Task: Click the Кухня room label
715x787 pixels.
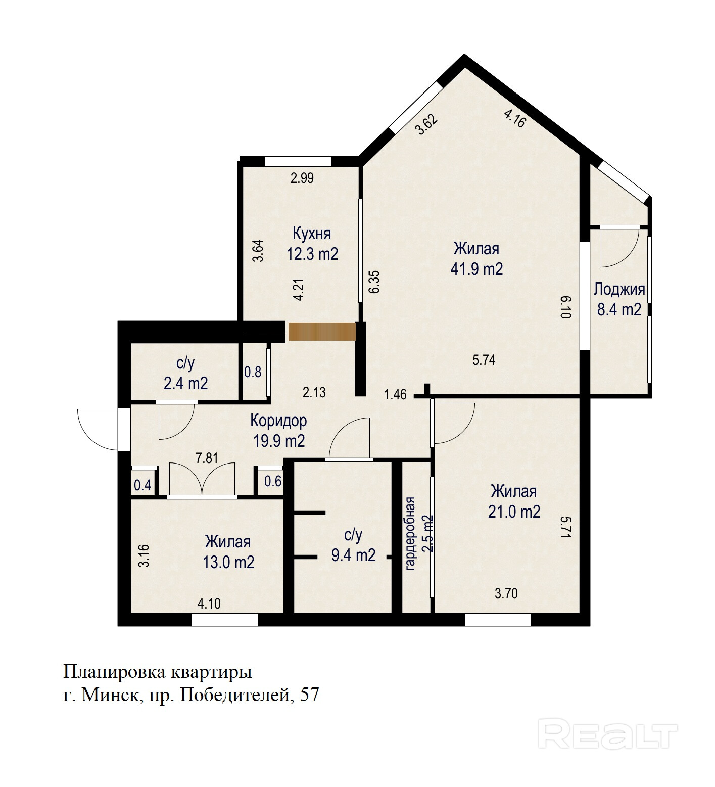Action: pos(312,234)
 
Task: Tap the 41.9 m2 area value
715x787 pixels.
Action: pos(476,269)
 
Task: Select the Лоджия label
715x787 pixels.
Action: pos(619,290)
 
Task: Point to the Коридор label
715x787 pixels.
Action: pos(278,421)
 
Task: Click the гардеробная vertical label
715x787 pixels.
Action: pos(410,534)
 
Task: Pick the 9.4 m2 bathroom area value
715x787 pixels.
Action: pos(353,555)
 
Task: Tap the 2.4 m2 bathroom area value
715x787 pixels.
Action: pos(185,383)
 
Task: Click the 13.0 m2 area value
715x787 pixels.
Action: pos(228,562)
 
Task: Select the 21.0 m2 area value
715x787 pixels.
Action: pos(514,512)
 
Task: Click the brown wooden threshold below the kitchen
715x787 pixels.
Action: pos(322,332)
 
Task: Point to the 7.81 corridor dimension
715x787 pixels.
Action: pos(207,458)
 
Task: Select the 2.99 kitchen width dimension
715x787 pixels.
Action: pos(302,178)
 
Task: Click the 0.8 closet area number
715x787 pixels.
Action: pos(253,372)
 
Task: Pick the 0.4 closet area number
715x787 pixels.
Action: pos(142,485)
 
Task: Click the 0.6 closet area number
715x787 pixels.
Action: pos(273,481)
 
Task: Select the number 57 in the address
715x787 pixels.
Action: pos(309,695)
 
